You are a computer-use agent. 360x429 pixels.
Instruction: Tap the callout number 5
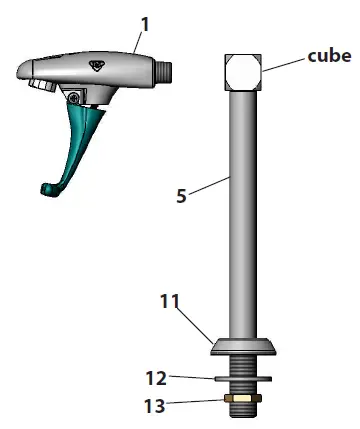pos(181,197)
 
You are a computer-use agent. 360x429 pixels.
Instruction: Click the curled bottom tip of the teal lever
pos(47,186)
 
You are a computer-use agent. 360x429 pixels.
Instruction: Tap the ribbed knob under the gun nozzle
pos(42,88)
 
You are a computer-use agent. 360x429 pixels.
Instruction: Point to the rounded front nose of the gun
pos(24,71)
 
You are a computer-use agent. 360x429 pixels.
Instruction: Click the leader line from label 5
pos(211,184)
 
